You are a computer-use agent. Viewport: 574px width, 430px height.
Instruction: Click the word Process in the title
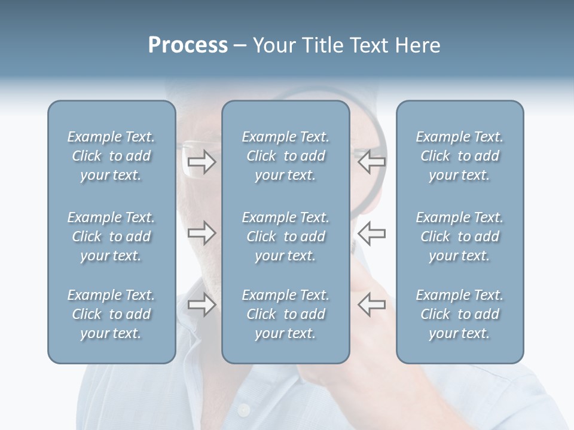pyautogui.click(x=188, y=45)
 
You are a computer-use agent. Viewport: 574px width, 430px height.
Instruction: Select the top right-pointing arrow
pyautogui.click(x=201, y=162)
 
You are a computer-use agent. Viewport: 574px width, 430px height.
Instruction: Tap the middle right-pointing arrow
pyautogui.click(x=201, y=233)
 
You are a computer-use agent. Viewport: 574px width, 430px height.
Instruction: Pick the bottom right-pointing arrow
pyautogui.click(x=201, y=305)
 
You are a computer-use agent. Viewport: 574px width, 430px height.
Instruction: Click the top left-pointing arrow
pyautogui.click(x=371, y=161)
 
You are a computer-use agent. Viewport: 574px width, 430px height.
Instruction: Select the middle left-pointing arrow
pyautogui.click(x=371, y=233)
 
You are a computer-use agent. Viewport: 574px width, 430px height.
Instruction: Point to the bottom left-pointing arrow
pyautogui.click(x=371, y=305)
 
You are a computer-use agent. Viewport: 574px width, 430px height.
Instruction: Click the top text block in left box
pyautogui.click(x=111, y=156)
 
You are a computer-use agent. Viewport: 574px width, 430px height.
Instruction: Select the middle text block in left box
pyautogui.click(x=111, y=236)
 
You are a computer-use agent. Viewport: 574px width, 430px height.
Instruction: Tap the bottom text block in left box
pyautogui.click(x=111, y=314)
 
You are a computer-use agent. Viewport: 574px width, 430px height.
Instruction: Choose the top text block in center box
pyautogui.click(x=285, y=156)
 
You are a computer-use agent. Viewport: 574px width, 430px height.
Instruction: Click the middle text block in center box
pyautogui.click(x=285, y=236)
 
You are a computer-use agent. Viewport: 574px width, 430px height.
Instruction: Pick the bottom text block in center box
pyautogui.click(x=285, y=314)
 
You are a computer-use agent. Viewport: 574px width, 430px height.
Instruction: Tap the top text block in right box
pyautogui.click(x=459, y=156)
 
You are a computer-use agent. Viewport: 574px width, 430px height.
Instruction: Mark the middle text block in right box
pyautogui.click(x=459, y=236)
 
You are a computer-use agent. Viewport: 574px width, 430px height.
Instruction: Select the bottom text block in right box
pyautogui.click(x=459, y=314)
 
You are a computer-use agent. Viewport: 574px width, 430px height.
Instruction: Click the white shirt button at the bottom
pyautogui.click(x=243, y=411)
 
